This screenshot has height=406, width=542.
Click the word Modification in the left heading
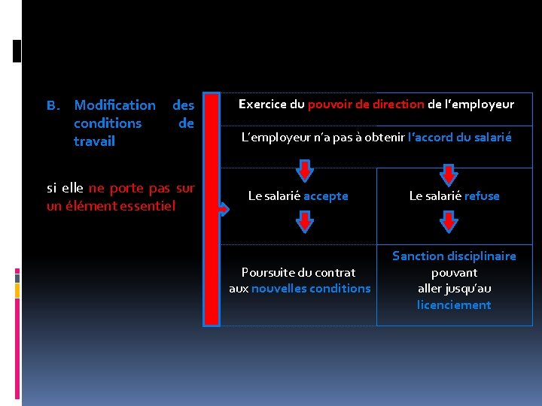(x=115, y=105)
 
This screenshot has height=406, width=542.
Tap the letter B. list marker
(x=53, y=105)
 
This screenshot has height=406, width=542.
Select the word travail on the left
(x=94, y=141)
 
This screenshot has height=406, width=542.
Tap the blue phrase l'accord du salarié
(x=459, y=138)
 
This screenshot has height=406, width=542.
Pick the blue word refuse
(x=482, y=196)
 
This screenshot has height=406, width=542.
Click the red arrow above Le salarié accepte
(x=304, y=172)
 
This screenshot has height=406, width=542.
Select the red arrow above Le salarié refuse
(x=449, y=174)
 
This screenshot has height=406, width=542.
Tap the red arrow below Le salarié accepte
(x=304, y=221)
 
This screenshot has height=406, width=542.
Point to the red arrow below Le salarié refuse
(x=449, y=221)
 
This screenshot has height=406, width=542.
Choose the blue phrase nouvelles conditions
(x=311, y=289)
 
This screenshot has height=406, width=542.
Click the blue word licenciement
(x=454, y=305)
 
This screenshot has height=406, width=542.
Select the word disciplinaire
(x=481, y=256)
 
